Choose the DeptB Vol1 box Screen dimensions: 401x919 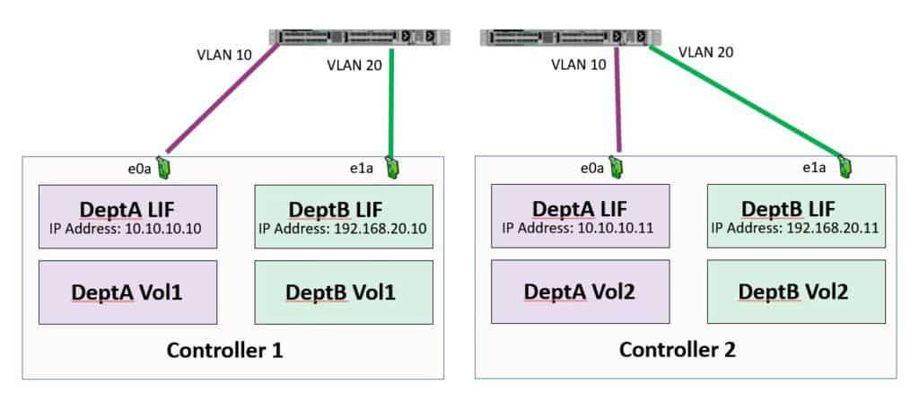click(x=343, y=292)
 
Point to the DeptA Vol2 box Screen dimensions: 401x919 click(x=580, y=292)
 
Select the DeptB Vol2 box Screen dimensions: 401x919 click(x=796, y=292)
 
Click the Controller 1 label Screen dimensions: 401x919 click(x=225, y=350)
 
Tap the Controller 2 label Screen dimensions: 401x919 click(x=678, y=350)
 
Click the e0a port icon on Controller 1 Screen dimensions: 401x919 click(x=164, y=167)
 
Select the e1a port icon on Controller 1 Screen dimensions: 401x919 click(x=392, y=166)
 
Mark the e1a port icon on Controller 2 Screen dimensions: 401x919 click(x=844, y=167)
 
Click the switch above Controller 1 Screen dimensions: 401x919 click(x=360, y=37)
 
